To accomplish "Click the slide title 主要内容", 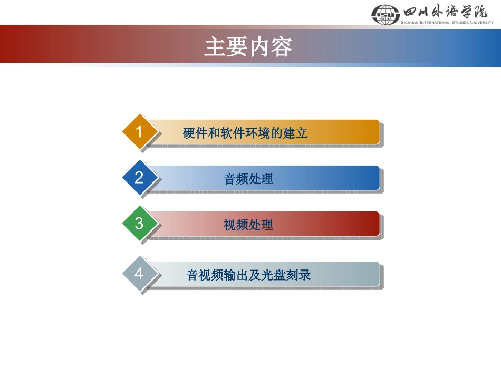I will click(248, 47).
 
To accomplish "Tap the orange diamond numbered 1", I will click(139, 132).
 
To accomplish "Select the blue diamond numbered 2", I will click(139, 178).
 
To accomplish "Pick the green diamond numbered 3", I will click(139, 224).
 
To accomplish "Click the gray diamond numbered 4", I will click(139, 274).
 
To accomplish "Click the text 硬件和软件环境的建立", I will click(245, 133).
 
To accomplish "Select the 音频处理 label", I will click(248, 179).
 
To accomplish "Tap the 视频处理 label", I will click(248, 225).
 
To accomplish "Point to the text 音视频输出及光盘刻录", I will click(248, 275).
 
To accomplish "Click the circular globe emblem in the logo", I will click(386, 14).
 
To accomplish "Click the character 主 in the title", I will click(213, 47).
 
